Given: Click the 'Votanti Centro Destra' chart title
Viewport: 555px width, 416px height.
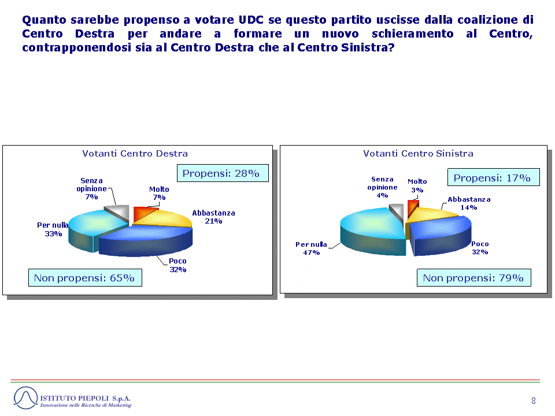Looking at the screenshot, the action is pyautogui.click(x=135, y=154).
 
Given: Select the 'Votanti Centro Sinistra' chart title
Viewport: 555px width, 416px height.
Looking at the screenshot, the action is pyautogui.click(x=418, y=154).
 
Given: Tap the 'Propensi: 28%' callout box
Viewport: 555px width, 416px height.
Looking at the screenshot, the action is pyautogui.click(x=223, y=173).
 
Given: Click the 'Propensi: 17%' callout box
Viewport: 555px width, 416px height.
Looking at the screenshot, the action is pyautogui.click(x=493, y=177).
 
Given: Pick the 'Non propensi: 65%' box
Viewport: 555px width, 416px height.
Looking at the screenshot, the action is pyautogui.click(x=85, y=278).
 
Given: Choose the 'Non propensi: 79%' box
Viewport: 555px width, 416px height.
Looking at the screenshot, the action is pyautogui.click(x=474, y=278).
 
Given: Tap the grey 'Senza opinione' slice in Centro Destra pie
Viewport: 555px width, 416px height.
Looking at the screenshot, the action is pyautogui.click(x=119, y=211).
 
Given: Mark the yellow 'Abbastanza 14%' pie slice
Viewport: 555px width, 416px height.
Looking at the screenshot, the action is pyautogui.click(x=430, y=216).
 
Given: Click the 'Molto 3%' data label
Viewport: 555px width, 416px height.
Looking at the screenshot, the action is pyautogui.click(x=417, y=185).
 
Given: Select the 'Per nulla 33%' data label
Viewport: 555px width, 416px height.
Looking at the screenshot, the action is pyautogui.click(x=53, y=229).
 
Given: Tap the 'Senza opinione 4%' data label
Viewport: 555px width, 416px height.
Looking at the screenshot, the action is pyautogui.click(x=382, y=187).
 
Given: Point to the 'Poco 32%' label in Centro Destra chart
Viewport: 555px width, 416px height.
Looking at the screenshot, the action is pyautogui.click(x=177, y=265).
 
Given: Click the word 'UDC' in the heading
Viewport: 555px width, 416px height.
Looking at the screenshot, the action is pyautogui.click(x=251, y=20).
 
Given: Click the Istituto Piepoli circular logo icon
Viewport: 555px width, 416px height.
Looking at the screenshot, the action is pyautogui.click(x=25, y=398).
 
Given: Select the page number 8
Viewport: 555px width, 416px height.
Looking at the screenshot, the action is pyautogui.click(x=534, y=401).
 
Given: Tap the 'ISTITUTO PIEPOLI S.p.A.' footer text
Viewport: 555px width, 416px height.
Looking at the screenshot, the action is pyautogui.click(x=86, y=398).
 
